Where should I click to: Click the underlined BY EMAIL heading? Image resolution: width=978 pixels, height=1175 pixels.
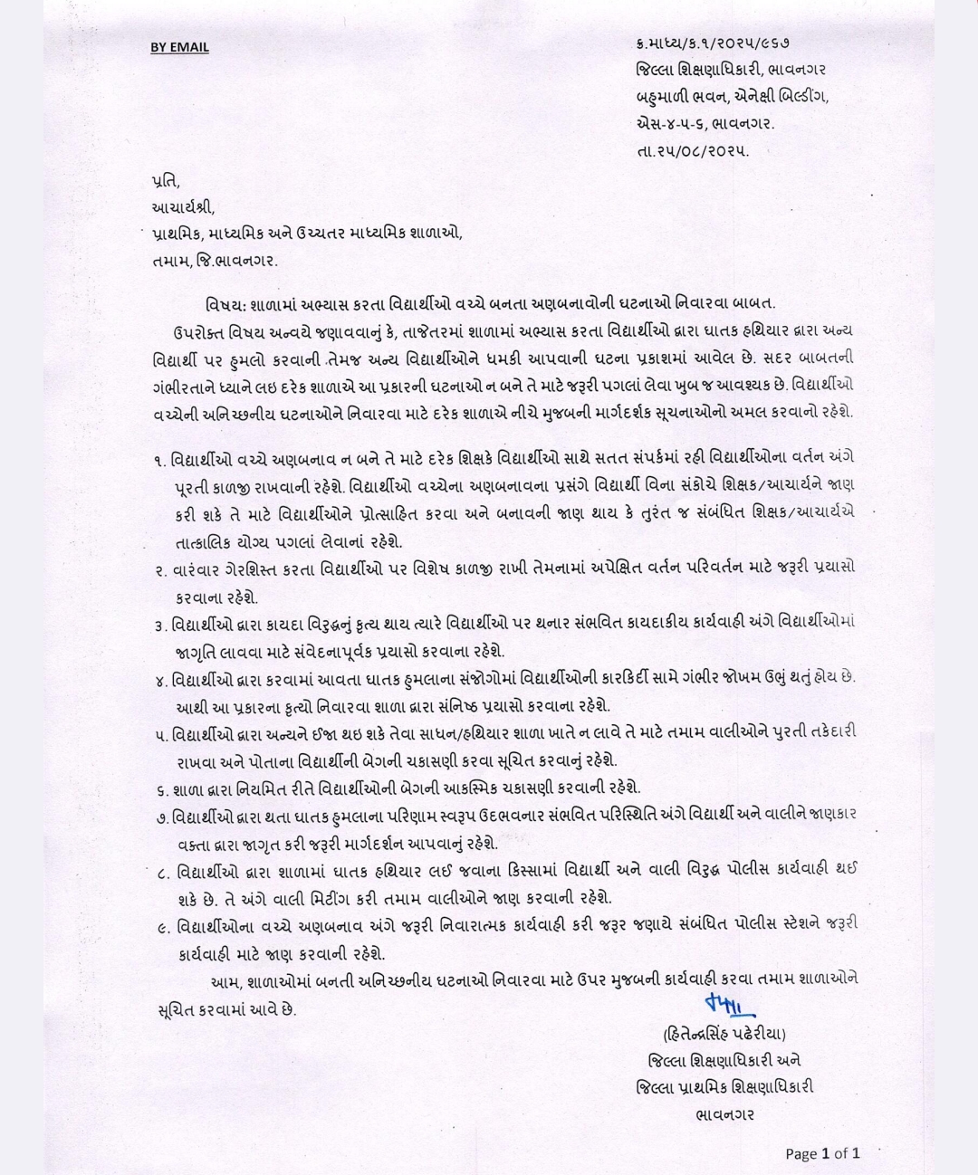pyautogui.click(x=179, y=47)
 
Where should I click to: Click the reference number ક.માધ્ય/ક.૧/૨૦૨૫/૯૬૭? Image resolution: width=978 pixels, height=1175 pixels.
pyautogui.click(x=705, y=42)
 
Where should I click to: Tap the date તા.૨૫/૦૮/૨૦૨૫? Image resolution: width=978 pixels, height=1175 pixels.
pyautogui.click(x=693, y=151)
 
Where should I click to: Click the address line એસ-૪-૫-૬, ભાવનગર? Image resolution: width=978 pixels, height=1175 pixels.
pyautogui.click(x=705, y=123)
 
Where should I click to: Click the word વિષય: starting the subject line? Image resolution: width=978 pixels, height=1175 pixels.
pyautogui.click(x=223, y=304)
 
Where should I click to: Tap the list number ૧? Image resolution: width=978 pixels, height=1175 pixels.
pyautogui.click(x=159, y=462)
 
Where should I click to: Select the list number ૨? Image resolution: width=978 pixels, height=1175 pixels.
pyautogui.click(x=159, y=569)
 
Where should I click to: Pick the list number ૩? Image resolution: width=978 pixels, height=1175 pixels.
pyautogui.click(x=159, y=624)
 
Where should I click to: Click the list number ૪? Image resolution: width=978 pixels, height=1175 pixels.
pyautogui.click(x=159, y=678)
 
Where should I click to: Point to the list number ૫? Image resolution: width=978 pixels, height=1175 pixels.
pyautogui.click(x=159, y=732)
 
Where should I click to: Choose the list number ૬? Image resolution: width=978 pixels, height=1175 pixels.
pyautogui.click(x=159, y=788)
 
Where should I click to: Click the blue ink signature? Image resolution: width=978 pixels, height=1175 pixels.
pyautogui.click(x=728, y=1004)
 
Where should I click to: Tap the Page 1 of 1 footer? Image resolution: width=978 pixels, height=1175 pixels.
pyautogui.click(x=822, y=1152)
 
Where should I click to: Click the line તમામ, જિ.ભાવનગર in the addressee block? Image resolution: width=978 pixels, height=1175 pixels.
pyautogui.click(x=215, y=261)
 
